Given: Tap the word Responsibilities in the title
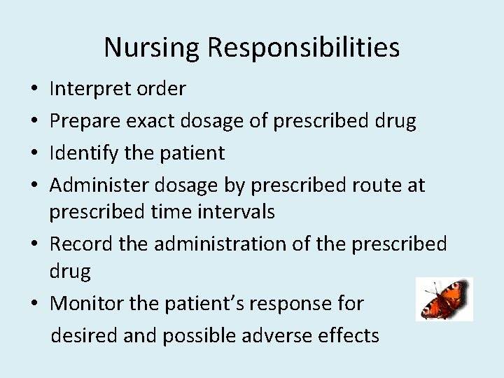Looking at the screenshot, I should point(303,48).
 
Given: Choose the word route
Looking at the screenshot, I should point(371,185).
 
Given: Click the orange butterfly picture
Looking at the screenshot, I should point(444,299).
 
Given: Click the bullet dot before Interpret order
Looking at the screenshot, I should point(34,90).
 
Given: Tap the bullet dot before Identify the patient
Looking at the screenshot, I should point(34,154).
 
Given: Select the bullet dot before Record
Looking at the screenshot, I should point(34,244).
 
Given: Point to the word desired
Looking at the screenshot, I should point(84,336).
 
